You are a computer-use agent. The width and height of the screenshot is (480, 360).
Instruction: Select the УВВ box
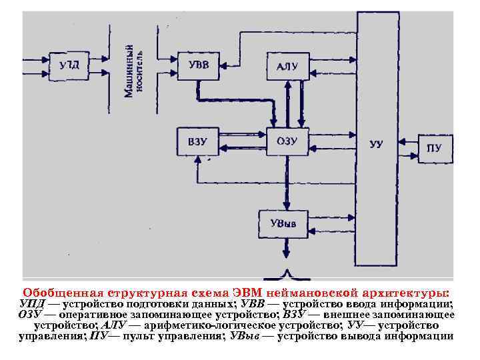[x=198, y=65]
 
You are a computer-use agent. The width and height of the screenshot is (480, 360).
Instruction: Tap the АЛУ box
[x=287, y=65]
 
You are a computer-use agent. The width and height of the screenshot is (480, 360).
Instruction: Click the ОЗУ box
[x=287, y=141]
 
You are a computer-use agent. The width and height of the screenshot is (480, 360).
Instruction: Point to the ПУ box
[x=434, y=147]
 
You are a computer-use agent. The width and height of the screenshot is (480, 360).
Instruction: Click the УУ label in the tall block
[x=377, y=145]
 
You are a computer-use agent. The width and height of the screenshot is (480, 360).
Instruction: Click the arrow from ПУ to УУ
[x=407, y=143]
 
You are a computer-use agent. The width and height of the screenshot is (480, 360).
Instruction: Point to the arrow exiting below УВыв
[x=287, y=251]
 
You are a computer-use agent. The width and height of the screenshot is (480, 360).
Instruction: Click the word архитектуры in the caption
[x=406, y=293]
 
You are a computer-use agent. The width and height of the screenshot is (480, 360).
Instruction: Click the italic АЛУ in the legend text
[x=115, y=325]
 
